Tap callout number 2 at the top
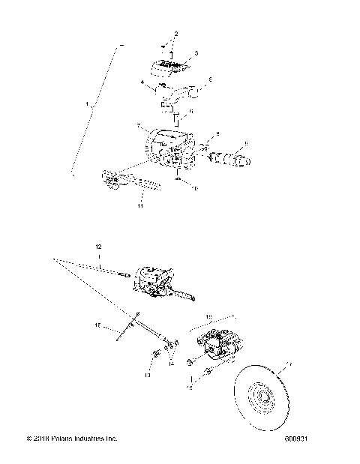coord(176,34)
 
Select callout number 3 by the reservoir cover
coord(196,54)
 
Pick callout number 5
coord(209,79)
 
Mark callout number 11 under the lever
coord(139,204)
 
